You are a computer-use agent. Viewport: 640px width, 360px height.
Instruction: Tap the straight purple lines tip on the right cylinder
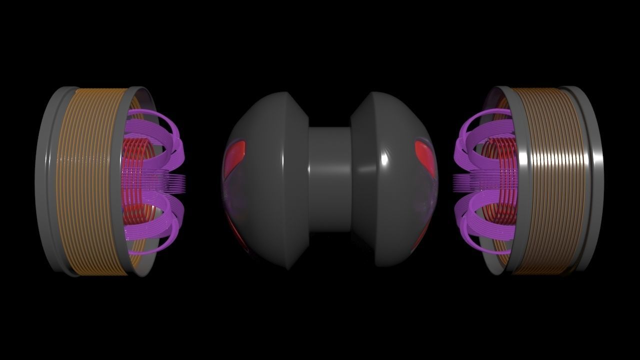(456, 182)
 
